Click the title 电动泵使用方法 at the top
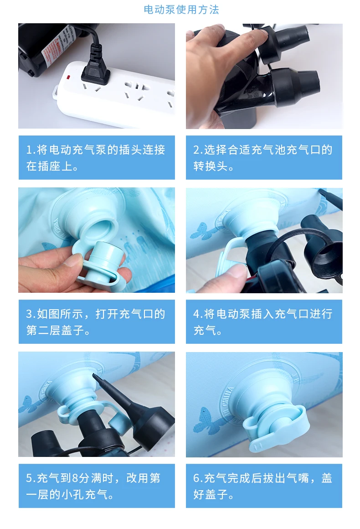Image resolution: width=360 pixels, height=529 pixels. pyautogui.click(x=181, y=10)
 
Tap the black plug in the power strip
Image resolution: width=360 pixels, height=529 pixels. pyautogui.click(x=96, y=69)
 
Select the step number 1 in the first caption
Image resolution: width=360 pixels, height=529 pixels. pyautogui.click(x=29, y=150)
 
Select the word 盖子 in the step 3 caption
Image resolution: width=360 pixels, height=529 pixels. pyautogui.click(x=72, y=330)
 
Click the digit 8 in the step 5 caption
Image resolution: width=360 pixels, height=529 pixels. pyautogui.click(x=75, y=478)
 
